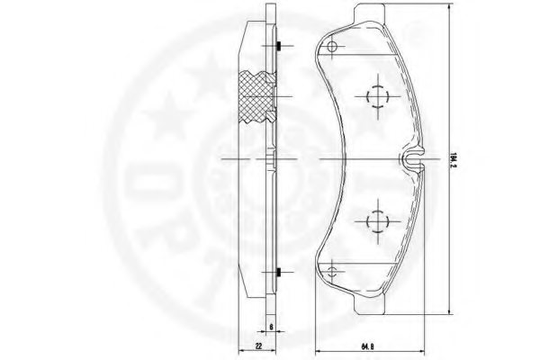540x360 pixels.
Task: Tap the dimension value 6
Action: [271, 328]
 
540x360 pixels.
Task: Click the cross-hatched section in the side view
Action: [256, 96]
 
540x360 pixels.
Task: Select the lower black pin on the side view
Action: [281, 273]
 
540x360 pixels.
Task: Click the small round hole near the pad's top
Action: [331, 48]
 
